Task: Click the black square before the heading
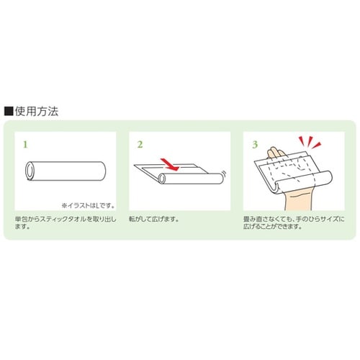click(x=9, y=111)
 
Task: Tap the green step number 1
click(x=27, y=144)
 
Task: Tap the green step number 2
click(x=139, y=144)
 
